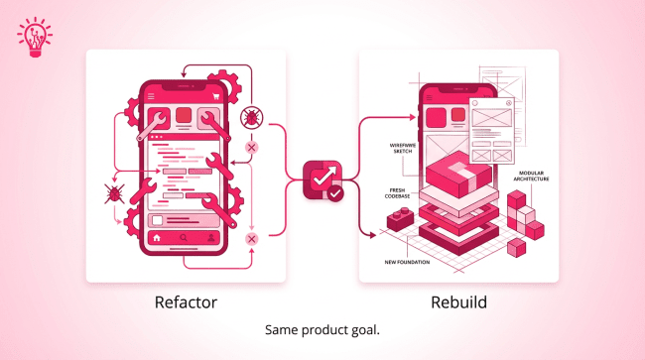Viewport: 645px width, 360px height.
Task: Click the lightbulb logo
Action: (35, 37)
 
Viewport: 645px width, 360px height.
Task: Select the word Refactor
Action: (186, 302)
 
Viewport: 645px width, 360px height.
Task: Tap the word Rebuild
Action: (458, 302)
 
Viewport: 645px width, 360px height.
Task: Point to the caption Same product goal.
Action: (322, 329)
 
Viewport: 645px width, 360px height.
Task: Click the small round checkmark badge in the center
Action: (335, 193)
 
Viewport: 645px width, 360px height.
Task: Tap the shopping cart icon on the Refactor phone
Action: (215, 96)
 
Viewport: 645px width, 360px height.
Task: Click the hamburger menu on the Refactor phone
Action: (151, 96)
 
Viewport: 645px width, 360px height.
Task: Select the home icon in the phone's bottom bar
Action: (157, 238)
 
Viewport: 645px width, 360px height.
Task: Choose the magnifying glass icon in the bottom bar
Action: (184, 238)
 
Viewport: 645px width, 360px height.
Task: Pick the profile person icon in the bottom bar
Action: (211, 238)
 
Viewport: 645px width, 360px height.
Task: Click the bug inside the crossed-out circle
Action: (251, 118)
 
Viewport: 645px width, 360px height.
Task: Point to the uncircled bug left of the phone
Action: (114, 193)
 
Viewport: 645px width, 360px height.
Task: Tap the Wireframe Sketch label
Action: (403, 149)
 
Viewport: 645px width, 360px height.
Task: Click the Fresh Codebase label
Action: (397, 193)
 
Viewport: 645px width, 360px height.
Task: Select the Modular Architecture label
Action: (531, 177)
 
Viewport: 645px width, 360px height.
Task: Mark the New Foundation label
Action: (407, 262)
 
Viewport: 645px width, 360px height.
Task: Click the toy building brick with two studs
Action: (400, 219)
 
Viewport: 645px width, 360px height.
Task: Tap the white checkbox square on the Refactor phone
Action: (157, 221)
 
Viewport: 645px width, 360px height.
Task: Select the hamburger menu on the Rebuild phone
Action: (430, 98)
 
